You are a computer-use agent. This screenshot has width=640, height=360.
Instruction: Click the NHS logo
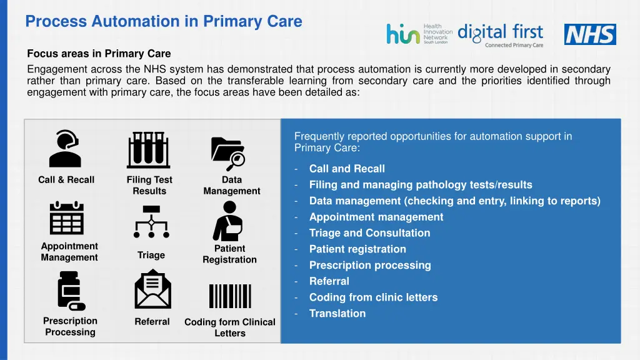590,34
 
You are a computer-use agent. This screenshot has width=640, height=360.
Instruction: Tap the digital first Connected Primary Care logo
501,35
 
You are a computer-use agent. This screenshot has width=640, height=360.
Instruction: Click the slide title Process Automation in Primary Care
164,21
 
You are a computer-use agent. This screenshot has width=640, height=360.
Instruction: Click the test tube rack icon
149,150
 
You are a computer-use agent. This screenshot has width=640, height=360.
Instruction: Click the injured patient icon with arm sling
228,221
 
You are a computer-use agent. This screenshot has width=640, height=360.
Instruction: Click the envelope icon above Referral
152,289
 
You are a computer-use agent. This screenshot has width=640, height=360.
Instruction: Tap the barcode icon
229,296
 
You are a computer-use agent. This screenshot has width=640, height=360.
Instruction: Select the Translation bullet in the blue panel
337,314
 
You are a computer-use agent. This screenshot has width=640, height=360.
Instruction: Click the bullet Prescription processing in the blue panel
370,265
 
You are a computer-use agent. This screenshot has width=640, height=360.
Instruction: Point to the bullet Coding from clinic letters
373,297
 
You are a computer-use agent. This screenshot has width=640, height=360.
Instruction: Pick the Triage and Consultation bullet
369,233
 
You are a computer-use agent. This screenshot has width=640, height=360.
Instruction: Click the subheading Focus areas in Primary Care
99,54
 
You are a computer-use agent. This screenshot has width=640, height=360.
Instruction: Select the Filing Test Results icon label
149,186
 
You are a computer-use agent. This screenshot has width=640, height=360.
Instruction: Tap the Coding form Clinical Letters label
230,327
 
